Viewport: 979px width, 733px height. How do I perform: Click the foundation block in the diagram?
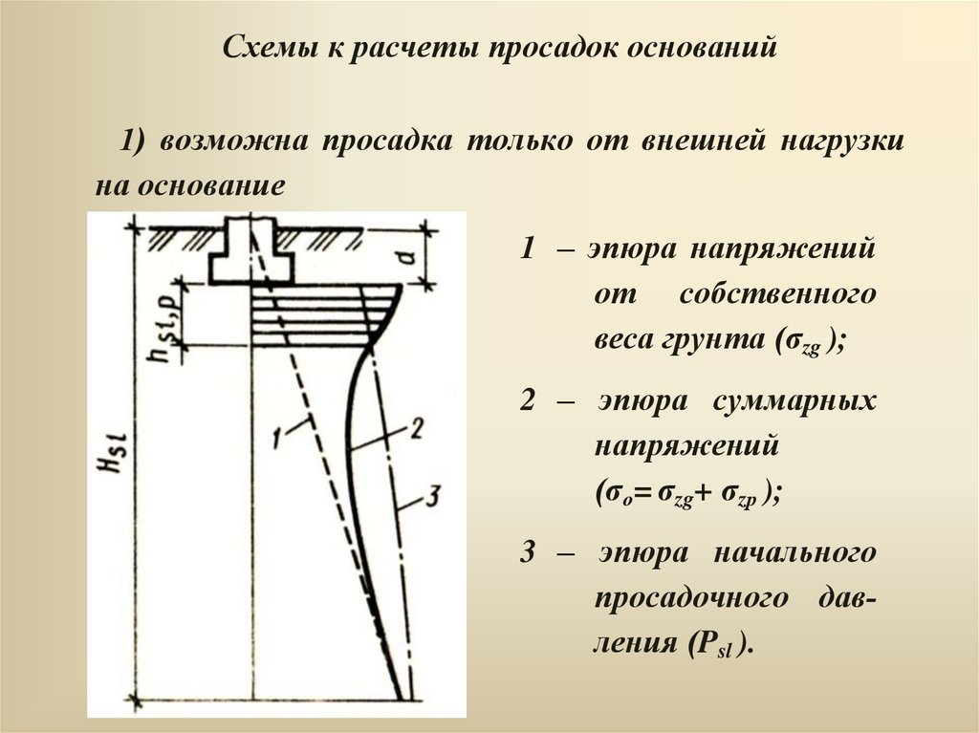click(251, 253)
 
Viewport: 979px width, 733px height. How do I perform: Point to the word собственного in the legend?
click(777, 293)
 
